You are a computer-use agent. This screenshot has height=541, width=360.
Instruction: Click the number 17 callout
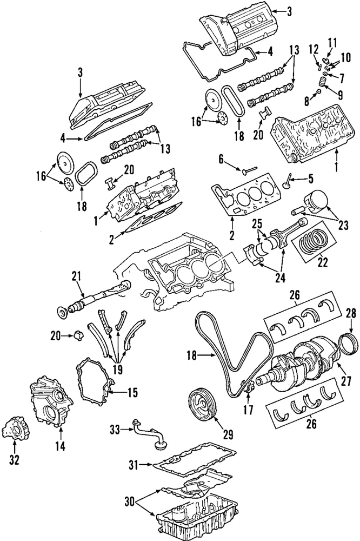(248, 410)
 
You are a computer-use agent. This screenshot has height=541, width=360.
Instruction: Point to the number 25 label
(256, 222)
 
